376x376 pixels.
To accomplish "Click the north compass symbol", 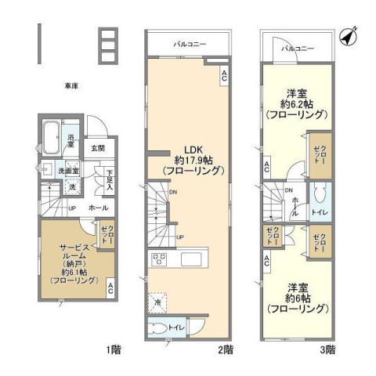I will coord(349,35).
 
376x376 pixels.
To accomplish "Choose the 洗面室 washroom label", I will coord(55,170).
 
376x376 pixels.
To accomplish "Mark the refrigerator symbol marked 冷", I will coord(157,301).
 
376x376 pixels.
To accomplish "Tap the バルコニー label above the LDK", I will coord(190,45).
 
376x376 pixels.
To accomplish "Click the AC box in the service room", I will coord(112,287).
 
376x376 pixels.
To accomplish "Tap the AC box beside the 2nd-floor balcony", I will coord(224,75).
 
